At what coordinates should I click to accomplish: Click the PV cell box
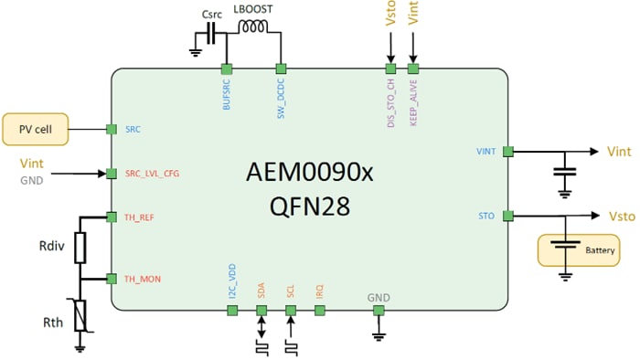(37, 130)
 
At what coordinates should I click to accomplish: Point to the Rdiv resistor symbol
(80, 247)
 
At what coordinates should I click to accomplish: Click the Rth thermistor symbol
(80, 314)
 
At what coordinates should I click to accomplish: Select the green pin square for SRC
(112, 130)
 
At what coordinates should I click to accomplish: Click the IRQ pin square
(320, 311)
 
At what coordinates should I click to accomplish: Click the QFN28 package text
(310, 207)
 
